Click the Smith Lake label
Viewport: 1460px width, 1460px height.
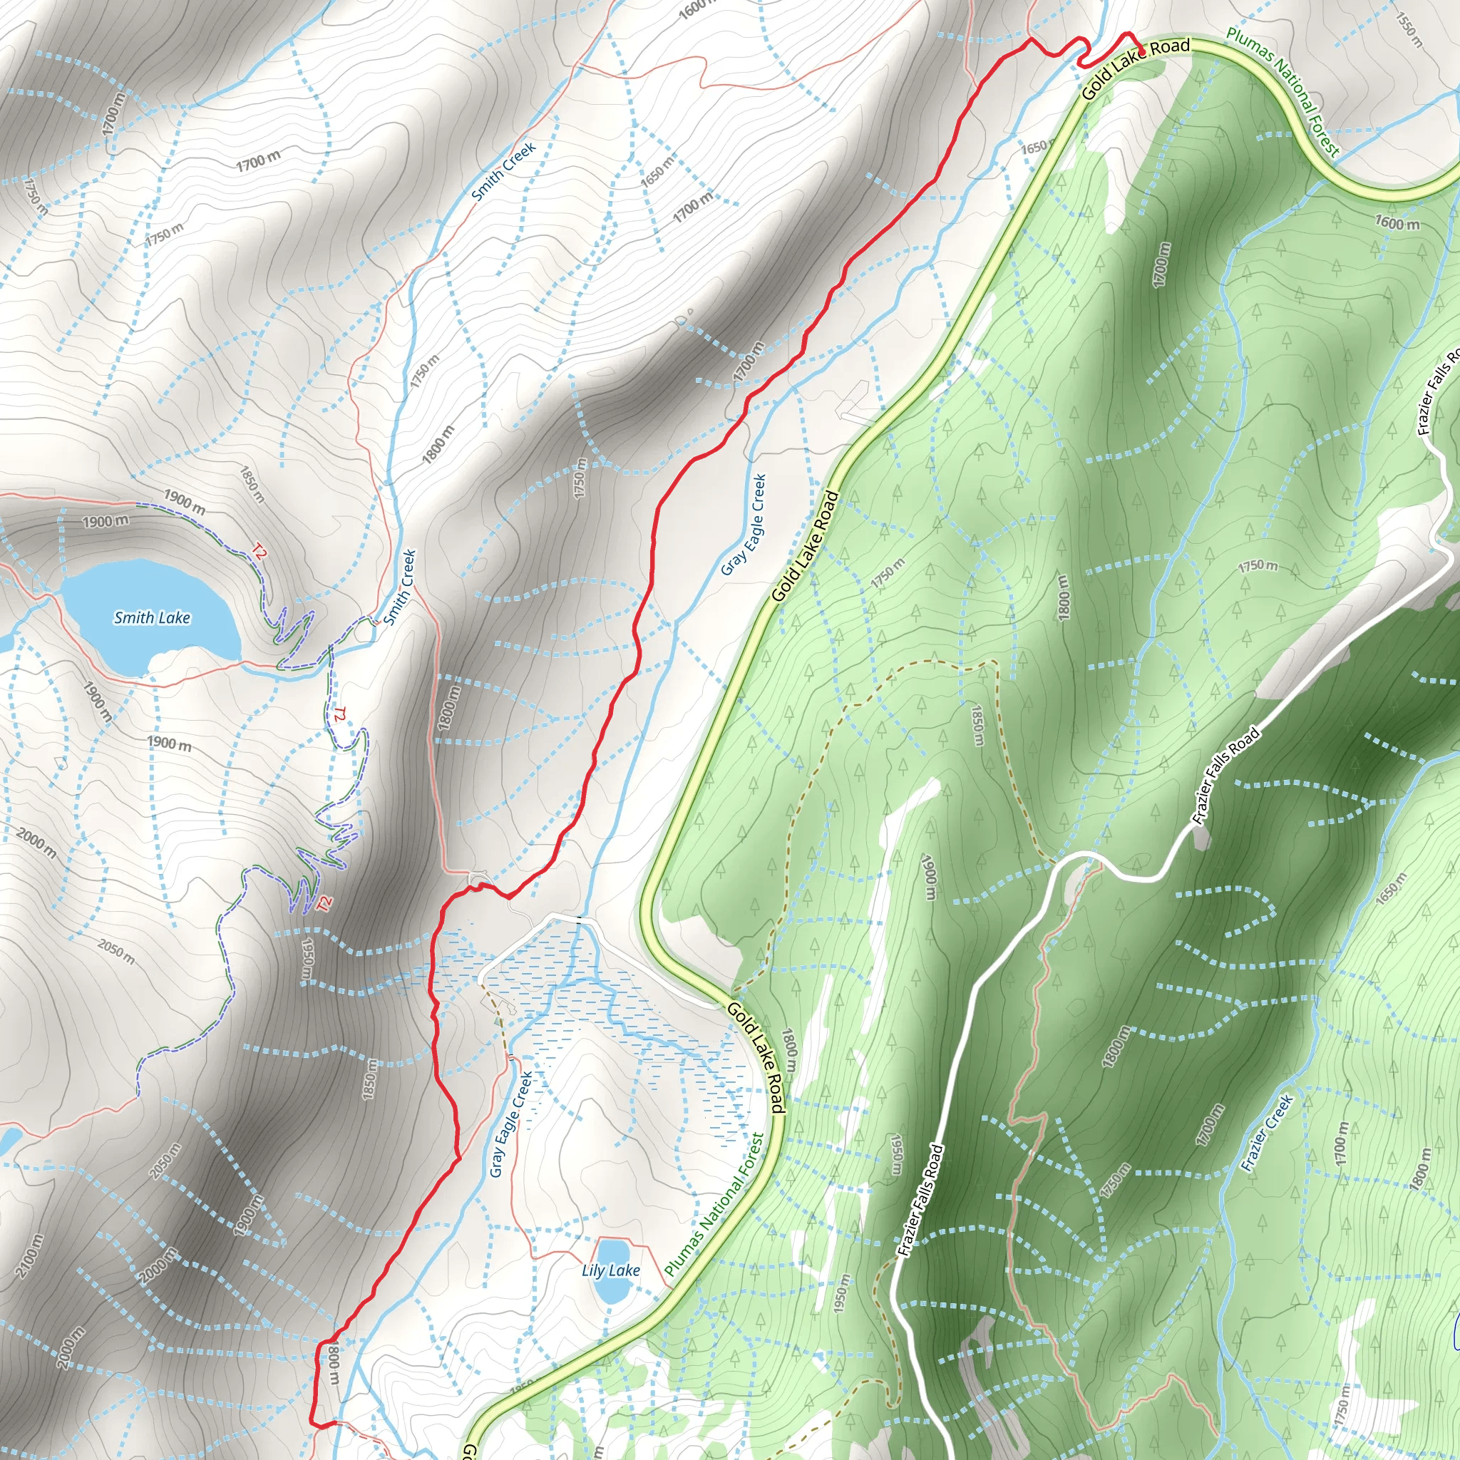[152, 617]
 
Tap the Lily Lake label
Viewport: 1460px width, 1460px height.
[611, 1270]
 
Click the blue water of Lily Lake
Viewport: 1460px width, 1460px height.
[612, 1292]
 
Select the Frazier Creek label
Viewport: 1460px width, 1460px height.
[1268, 1133]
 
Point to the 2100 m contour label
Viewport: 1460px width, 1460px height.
[28, 1255]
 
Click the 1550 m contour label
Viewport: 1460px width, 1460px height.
[1410, 30]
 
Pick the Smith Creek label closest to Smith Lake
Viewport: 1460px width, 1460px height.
[401, 587]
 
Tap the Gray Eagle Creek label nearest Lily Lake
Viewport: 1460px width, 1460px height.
[511, 1124]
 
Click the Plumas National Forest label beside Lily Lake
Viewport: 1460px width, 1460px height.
[716, 1205]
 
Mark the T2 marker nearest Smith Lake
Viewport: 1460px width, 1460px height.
[259, 552]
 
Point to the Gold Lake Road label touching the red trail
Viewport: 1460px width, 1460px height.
[1136, 68]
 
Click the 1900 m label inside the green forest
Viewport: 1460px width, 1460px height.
[929, 877]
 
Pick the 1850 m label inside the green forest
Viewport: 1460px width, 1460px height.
[977, 726]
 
